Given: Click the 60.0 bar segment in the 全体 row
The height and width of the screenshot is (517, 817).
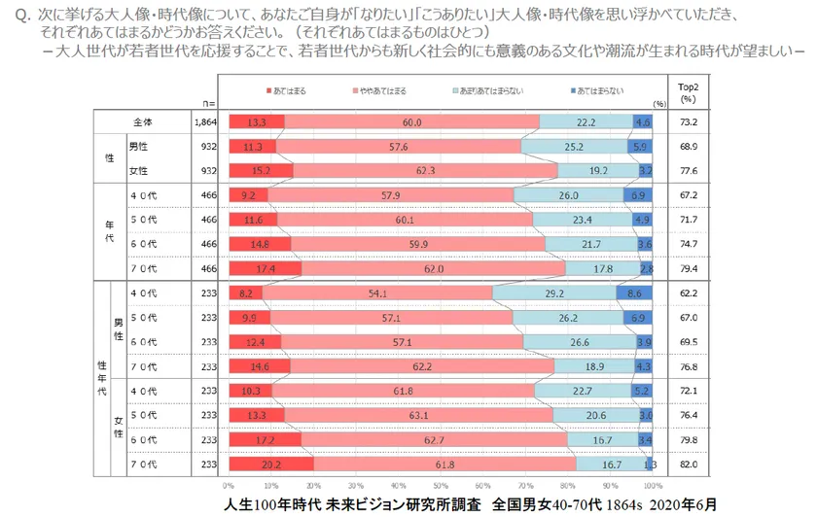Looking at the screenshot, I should [x=411, y=122].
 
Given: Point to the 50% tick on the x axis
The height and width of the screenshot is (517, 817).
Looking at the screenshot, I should [x=441, y=484].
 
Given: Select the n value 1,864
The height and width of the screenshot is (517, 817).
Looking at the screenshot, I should [x=205, y=122].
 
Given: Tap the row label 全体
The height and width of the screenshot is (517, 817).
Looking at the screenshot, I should [x=144, y=122].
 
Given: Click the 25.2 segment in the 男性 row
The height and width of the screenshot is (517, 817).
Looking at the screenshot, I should [x=573, y=147].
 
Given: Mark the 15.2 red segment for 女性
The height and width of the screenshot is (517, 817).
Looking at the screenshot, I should [x=261, y=170].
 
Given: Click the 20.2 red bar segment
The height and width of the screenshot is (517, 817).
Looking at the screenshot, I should [x=271, y=465].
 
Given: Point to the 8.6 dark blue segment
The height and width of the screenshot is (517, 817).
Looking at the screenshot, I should [x=634, y=293].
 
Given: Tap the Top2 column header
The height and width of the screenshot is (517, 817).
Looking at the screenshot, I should [x=689, y=90].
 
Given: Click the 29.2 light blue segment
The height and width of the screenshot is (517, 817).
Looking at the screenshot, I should [x=553, y=293].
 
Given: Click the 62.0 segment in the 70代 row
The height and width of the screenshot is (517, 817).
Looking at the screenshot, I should [x=433, y=268].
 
